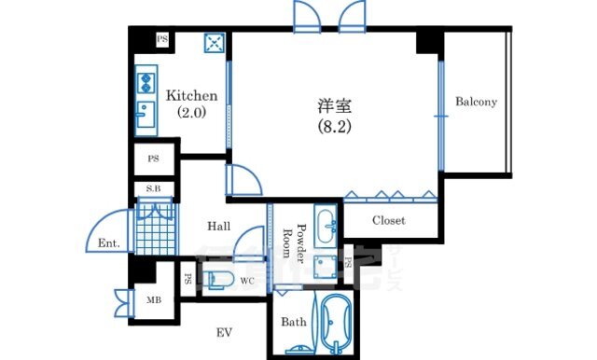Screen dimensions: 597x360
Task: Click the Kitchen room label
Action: pos(191,95)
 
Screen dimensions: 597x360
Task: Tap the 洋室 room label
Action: pos(335,106)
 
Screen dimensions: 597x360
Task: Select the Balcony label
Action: pos(476,102)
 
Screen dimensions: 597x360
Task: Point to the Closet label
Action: pos(389,220)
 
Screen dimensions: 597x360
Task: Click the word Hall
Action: pos(219,227)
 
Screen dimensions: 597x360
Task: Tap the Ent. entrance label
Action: pos(109,242)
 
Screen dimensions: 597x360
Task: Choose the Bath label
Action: pos(294,322)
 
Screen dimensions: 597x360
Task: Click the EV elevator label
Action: pos(224,333)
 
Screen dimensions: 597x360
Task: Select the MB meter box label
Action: pos(154,300)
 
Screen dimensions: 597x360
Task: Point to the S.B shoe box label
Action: pos(153,188)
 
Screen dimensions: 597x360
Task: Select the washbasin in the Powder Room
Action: pos(326,227)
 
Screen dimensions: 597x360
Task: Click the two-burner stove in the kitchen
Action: pos(146,83)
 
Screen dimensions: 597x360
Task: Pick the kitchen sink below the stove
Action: pos(146,114)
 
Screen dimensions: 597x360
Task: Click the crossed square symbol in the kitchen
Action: pos(215,43)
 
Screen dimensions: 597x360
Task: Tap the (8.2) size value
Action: pos(334,127)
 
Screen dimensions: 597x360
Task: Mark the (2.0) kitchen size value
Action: pos(191,112)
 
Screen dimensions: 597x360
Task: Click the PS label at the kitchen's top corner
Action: pos(162,39)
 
